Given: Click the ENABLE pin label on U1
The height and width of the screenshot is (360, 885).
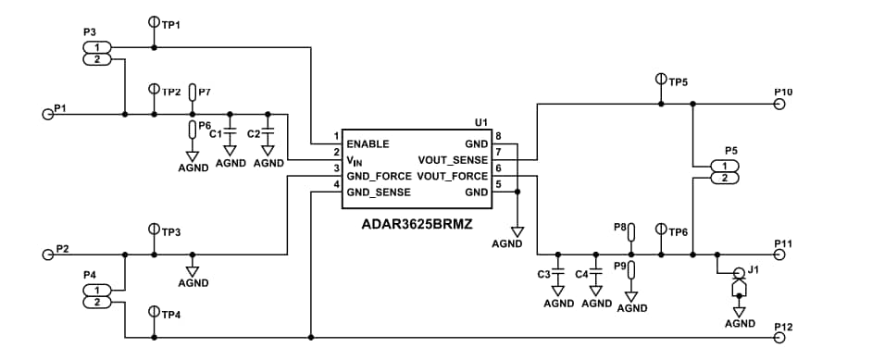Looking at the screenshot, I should pos(367,144).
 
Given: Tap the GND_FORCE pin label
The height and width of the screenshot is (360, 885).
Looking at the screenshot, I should pos(380,176).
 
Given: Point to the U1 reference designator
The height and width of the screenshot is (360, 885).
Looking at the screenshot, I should pos(480,121).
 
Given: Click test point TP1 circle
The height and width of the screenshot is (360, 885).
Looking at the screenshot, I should pos(153,21).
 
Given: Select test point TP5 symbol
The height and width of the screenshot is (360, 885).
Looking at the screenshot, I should pos(661,80).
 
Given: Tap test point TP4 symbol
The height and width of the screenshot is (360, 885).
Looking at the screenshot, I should pos(153,312).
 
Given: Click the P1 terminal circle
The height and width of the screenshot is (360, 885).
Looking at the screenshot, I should pos(47,115).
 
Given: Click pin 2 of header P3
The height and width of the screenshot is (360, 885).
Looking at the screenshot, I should pos(96,60).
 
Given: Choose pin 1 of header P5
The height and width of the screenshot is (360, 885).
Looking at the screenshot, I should pos(724,166).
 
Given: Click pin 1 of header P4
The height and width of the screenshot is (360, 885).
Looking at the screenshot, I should pos(96,291).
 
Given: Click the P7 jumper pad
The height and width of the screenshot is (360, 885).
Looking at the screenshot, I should pos(193,93).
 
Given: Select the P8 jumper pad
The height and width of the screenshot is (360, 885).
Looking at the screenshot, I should pos(631,230).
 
